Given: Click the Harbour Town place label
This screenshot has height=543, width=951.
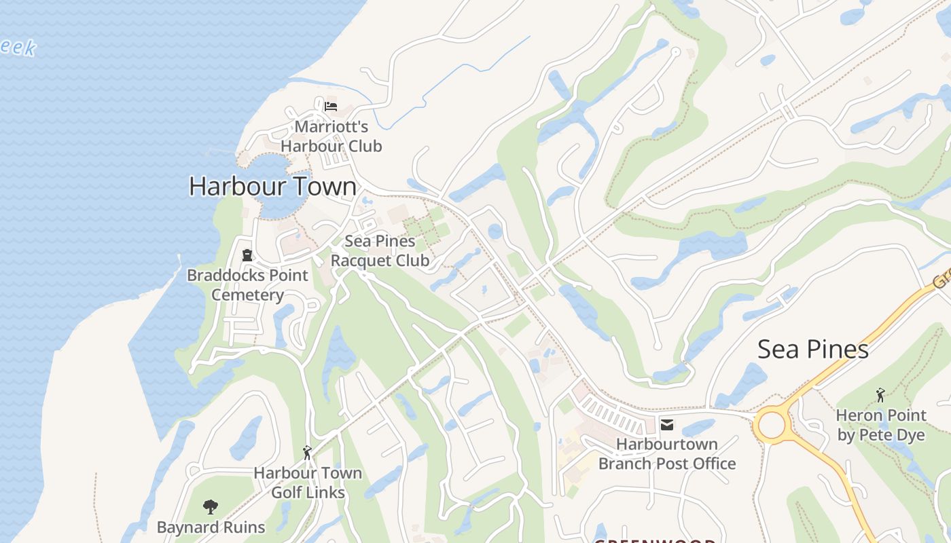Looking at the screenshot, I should pos(272,186).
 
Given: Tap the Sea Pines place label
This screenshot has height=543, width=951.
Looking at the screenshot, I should pos(812,349).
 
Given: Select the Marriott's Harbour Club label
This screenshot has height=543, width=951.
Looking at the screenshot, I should pos(331,136).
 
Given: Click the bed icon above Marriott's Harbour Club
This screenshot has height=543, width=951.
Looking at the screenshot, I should pos(331,107).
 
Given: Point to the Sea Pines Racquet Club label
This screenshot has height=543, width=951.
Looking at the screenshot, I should pos(380,250).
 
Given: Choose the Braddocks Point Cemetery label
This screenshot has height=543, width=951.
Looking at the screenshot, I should pos(247,285).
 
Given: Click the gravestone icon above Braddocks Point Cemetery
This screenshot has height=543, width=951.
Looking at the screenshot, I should pos(247,255).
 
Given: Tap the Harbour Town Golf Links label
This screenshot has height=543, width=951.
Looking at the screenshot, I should pos(308,483).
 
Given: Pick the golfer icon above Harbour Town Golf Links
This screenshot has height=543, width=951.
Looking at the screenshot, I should pos(307,453).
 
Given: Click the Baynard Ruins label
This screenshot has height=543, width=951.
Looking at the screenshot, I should pos(211,527).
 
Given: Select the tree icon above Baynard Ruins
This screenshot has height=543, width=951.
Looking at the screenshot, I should pos(211,506).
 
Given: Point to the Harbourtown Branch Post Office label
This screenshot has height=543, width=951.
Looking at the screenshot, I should pos(667,454).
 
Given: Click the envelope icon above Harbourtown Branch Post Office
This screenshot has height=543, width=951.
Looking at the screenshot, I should pos(667,425).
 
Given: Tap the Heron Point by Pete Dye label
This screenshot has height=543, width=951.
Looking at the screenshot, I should pos(881,425).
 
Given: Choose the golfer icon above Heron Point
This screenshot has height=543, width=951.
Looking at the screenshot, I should pos(881,394).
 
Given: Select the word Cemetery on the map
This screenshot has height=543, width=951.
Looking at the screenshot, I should pos(247,295).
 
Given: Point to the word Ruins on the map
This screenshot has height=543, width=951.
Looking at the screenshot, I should pos(243,527).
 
